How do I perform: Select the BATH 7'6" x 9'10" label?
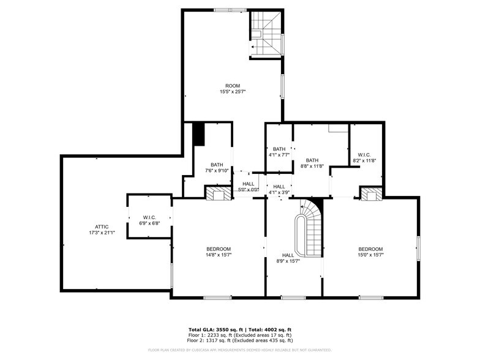click(217, 167)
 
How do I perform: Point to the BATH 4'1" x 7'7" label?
click(279, 152)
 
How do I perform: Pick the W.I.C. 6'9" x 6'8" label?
click(151, 220)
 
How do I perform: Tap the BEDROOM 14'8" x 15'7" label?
click(219, 252)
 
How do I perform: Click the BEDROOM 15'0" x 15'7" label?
click(370, 252)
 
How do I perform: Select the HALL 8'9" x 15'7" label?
click(288, 258)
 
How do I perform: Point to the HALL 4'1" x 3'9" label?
click(279, 189)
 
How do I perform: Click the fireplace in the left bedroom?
click(215, 194)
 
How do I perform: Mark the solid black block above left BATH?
click(198, 134)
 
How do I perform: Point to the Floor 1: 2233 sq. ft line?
click(240, 336)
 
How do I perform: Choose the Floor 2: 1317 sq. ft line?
click(240, 340)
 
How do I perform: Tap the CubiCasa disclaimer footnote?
click(240, 350)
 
